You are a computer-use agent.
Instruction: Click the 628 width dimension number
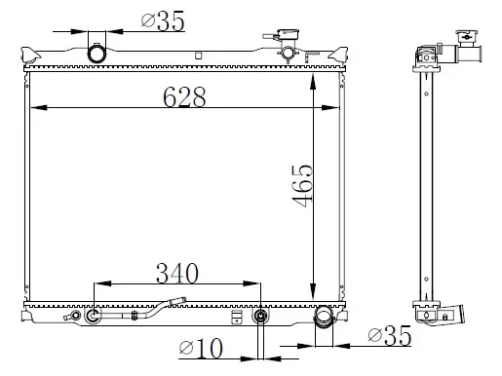[x=184, y=96]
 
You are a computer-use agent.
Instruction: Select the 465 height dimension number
[x=302, y=186]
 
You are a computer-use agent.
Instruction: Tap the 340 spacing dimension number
[x=177, y=273]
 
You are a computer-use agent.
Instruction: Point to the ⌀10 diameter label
[x=201, y=348]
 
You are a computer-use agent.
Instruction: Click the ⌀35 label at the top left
[x=163, y=20]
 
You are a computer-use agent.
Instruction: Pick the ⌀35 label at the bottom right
[x=390, y=335]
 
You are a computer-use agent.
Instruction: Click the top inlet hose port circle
[x=97, y=54]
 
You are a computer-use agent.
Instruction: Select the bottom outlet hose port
[x=324, y=317]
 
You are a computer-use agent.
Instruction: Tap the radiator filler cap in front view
[x=288, y=34]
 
